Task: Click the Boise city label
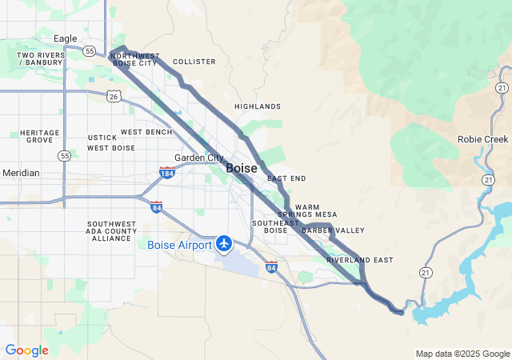coord(242,168)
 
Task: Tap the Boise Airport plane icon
coord(224,242)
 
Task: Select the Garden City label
coord(199,158)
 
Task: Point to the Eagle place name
coord(65,38)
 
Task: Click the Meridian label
coord(20,173)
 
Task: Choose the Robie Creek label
coord(482,138)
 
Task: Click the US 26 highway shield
coord(114,96)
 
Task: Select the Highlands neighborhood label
coord(258,106)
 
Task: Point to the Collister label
coord(194,62)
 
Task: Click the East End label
coord(286,178)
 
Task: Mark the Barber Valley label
coord(333,230)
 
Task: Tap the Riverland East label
coord(360,260)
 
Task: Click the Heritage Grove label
coord(40,136)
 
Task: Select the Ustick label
coord(102,138)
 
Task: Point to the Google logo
coord(26,350)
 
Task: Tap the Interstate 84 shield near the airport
coord(272,267)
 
